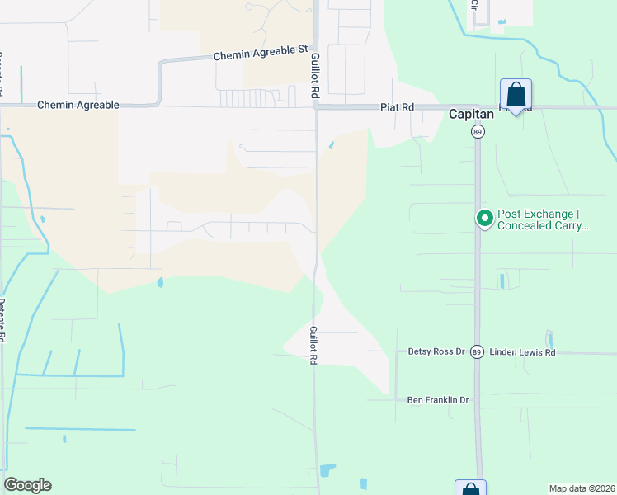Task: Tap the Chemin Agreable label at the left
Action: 78,106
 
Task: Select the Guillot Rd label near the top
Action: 314,77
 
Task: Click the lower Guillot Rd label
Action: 313,345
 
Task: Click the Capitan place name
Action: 471,115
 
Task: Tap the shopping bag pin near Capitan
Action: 516,95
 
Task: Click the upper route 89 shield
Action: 477,131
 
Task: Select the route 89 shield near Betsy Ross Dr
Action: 477,352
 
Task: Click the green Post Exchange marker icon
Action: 484,219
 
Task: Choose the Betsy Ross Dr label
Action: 437,351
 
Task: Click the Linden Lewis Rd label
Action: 523,352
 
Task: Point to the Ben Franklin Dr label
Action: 438,400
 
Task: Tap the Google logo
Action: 27,485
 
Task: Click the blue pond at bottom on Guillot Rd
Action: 327,471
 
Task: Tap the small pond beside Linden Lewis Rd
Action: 549,339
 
